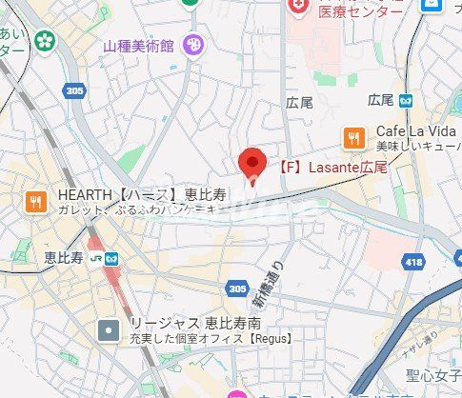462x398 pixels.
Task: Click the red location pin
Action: [251, 165]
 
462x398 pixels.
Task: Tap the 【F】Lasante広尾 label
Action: [332, 167]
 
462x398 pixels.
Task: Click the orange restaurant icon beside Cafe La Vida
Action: [354, 137]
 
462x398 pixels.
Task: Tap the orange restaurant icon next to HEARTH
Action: [35, 201]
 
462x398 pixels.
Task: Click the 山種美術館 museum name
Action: [140, 46]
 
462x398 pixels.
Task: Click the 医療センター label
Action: [361, 11]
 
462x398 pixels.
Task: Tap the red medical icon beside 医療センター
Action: [298, 7]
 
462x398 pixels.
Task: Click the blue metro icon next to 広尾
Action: [406, 99]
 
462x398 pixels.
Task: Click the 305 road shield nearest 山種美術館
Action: [74, 90]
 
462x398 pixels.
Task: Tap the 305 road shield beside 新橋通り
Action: [237, 287]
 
